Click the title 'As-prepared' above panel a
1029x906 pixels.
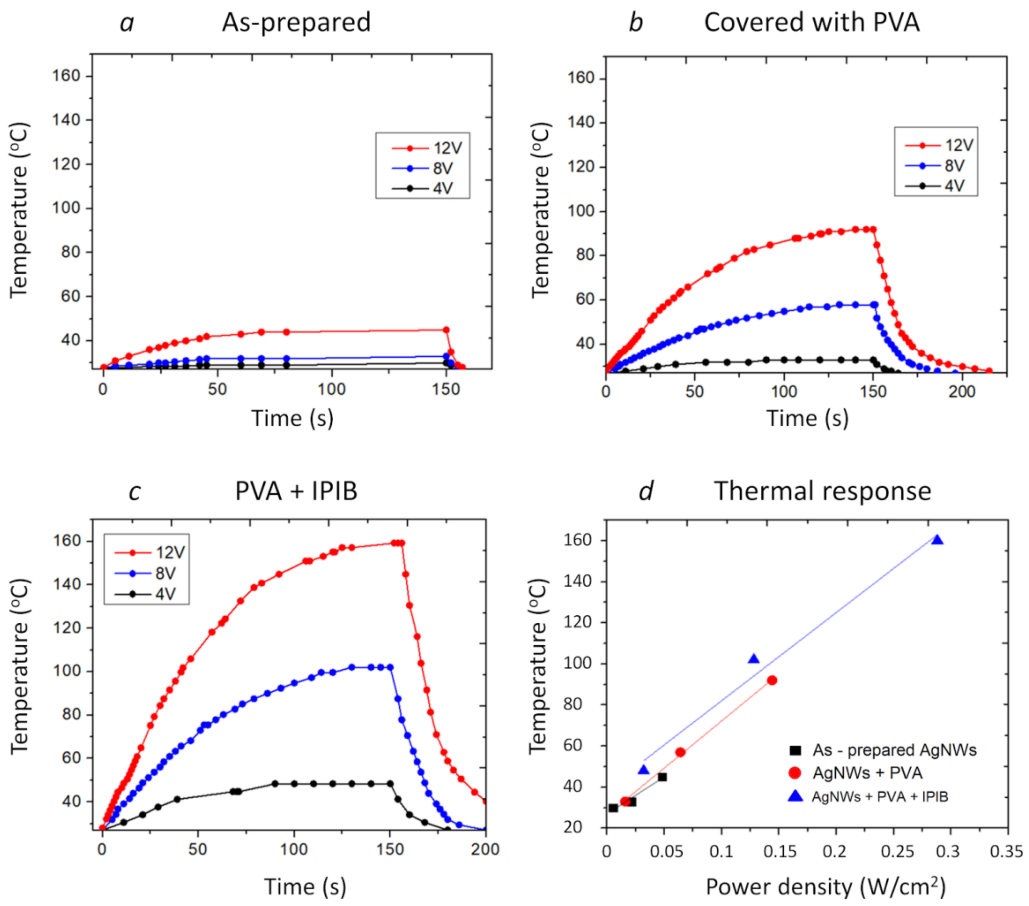coord(296,23)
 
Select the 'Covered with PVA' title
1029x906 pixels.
coord(811,23)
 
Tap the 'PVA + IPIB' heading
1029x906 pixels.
coord(296,491)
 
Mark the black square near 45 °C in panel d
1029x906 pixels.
coord(662,777)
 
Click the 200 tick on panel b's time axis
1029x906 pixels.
coord(961,392)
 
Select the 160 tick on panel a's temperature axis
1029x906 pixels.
coord(67,76)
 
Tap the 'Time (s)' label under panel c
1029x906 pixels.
coord(305,887)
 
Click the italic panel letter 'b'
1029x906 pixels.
coord(636,23)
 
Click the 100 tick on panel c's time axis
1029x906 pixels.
coord(294,850)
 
